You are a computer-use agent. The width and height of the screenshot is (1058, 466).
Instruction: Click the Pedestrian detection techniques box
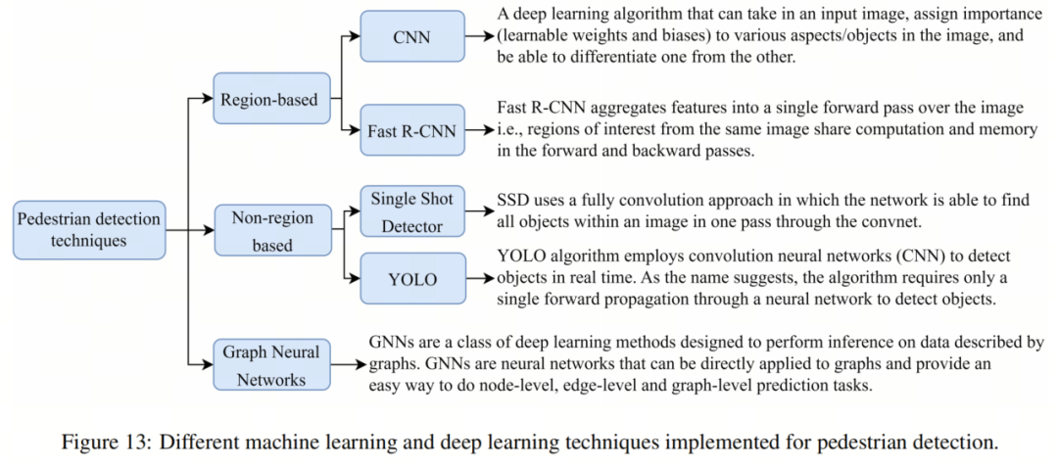[89, 231]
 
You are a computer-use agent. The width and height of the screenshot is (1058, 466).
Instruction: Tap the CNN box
[410, 38]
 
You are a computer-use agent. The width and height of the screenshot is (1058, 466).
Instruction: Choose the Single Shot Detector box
[411, 212]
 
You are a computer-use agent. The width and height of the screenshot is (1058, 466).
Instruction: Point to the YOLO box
[411, 279]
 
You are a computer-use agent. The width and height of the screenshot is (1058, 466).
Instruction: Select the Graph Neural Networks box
[270, 365]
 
